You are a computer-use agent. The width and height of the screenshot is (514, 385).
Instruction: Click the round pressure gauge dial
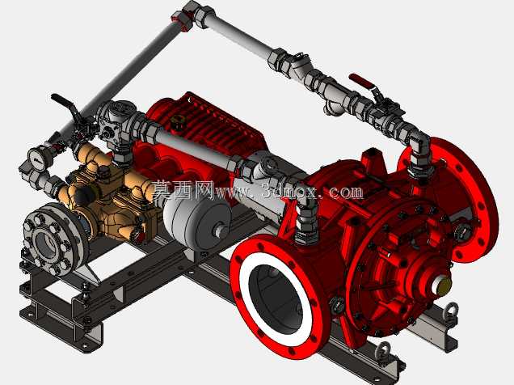tap(37, 159)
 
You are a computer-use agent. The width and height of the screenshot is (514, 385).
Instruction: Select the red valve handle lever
tap(360, 81)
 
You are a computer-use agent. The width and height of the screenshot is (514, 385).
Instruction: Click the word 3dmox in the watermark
tap(289, 191)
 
